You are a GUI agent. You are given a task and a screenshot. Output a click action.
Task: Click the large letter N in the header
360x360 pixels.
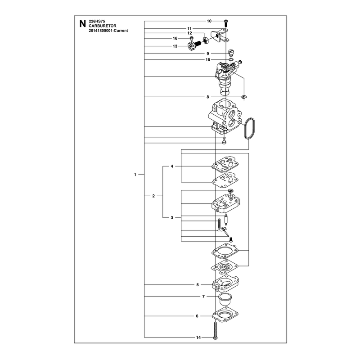pyautogui.click(x=82, y=24)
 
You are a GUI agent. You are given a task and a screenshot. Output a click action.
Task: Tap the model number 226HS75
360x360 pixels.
pyautogui.click(x=97, y=21)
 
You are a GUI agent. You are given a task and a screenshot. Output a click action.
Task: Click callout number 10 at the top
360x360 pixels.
pyautogui.click(x=209, y=21)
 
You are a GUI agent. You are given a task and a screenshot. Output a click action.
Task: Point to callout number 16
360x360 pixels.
pyautogui.click(x=175, y=38)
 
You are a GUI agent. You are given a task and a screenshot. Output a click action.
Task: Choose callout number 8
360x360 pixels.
pyautogui.click(x=208, y=97)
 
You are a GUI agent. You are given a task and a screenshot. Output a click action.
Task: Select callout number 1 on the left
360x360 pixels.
pyautogui.click(x=135, y=175)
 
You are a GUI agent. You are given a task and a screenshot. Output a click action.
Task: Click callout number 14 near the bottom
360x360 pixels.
pyautogui.click(x=198, y=337)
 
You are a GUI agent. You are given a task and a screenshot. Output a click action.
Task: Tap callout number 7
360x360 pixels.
pyautogui.click(x=203, y=297)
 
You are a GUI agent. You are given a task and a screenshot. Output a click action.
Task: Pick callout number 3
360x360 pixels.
pyautogui.click(x=172, y=218)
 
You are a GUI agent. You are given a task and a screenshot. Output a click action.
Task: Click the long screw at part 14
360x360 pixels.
pyautogui.click(x=215, y=330)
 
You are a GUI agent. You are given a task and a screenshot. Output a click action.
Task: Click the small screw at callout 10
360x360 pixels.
pyautogui.click(x=226, y=22)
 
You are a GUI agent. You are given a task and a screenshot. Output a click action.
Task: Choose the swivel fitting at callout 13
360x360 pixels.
pyautogui.click(x=194, y=45)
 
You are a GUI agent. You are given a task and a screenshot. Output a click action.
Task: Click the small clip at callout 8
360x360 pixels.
pyautogui.click(x=244, y=97)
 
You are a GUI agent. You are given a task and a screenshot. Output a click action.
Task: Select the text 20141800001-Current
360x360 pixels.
pyautogui.click(x=108, y=31)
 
